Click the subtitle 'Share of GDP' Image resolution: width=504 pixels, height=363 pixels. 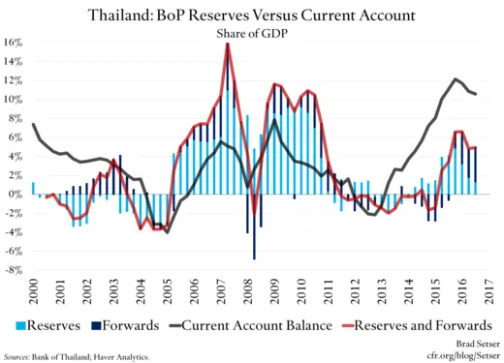[254, 33]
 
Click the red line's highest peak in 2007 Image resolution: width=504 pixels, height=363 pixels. [228, 45]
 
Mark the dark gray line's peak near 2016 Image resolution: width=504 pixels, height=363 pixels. [457, 79]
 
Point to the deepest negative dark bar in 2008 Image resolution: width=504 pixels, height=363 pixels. [254, 257]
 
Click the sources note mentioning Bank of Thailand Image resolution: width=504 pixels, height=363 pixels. [78, 356]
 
